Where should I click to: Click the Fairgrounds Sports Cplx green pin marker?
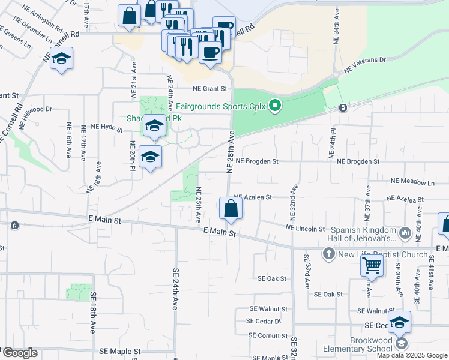[x=275, y=106]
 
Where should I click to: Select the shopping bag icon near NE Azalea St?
[x=231, y=209]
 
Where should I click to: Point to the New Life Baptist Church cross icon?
[x=328, y=254]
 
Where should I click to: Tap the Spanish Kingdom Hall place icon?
[x=405, y=232]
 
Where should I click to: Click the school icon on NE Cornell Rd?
[x=61, y=59]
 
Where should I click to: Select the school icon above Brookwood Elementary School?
[x=399, y=322]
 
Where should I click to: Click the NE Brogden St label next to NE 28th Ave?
[x=257, y=161]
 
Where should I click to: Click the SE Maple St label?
[x=120, y=351]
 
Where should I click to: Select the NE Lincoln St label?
[x=306, y=229]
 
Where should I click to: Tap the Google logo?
[x=19, y=353]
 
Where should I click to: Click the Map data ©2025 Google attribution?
[x=412, y=355]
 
